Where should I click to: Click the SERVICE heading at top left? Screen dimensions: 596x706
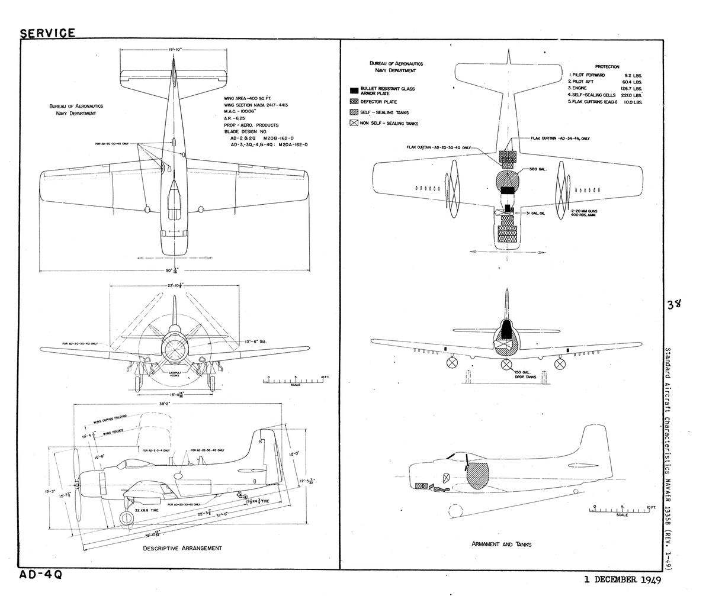[x=47, y=33]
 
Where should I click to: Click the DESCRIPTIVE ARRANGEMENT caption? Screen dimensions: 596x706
[x=182, y=548]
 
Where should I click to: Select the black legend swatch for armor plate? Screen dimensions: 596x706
[x=354, y=91]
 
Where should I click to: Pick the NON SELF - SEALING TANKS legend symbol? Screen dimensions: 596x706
[x=354, y=123]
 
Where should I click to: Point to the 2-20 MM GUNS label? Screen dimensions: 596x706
[x=584, y=210]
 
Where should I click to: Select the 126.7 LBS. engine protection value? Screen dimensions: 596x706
[x=633, y=88]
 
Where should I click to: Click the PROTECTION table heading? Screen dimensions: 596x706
[x=607, y=67]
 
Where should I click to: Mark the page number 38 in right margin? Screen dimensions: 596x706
[x=673, y=304]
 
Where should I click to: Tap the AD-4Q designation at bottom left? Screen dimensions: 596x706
[x=40, y=575]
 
